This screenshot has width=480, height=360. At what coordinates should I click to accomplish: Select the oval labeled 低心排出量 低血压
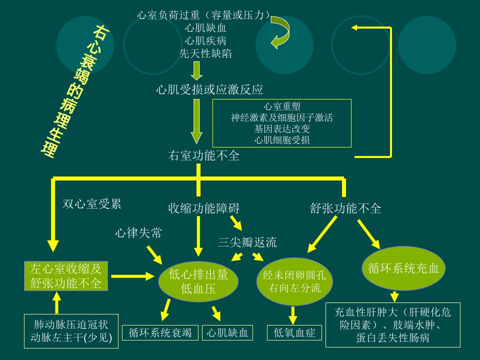tap(198, 281)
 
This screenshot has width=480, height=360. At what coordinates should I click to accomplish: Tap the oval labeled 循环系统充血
tap(403, 268)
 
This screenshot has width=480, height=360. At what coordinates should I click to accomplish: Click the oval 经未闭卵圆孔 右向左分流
tap(294, 282)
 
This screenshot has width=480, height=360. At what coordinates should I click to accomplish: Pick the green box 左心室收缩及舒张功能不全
tap(66, 276)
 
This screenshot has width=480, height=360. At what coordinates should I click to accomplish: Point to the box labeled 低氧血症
tap(294, 333)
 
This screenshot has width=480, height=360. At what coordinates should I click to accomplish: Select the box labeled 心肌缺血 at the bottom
tap(227, 333)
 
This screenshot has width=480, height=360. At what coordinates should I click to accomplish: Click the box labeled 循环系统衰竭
tap(160, 333)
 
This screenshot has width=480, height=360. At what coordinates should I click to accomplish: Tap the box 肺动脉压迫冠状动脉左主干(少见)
tap(71, 331)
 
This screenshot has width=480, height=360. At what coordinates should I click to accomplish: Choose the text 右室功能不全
tap(203, 155)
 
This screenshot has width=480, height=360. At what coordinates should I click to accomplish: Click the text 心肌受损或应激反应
tap(209, 89)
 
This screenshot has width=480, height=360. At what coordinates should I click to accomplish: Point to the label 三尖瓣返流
tap(247, 242)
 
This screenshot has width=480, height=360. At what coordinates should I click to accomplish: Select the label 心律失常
tap(138, 233)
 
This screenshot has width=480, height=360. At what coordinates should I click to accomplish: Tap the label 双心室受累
tap(92, 204)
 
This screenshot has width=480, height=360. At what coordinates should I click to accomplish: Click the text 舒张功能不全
tap(345, 208)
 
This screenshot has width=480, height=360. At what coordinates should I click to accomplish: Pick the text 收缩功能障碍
tap(203, 208)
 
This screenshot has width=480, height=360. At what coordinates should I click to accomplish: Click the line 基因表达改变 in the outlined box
tap(282, 129)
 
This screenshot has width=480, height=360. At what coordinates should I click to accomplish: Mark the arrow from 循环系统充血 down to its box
tap(394, 296)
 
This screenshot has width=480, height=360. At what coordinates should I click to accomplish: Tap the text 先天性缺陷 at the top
tap(205, 53)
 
